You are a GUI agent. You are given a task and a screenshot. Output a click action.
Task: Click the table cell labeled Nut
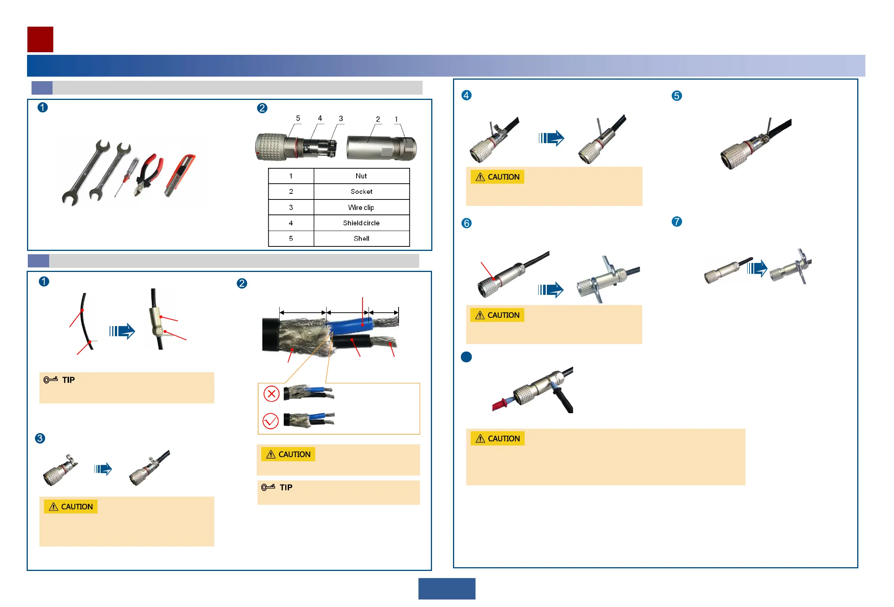(361, 176)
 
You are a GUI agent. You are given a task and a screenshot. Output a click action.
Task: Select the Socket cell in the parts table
(361, 192)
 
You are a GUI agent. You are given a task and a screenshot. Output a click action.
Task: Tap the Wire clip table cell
(361, 207)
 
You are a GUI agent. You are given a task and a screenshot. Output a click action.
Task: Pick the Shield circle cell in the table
(361, 223)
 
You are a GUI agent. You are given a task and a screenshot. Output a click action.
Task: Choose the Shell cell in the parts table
(361, 239)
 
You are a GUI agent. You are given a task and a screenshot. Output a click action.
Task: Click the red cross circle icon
(271, 394)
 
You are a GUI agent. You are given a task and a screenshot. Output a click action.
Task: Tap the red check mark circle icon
(271, 421)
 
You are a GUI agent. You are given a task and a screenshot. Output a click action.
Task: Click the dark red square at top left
(40, 39)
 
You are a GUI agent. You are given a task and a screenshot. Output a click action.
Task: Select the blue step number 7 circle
(676, 222)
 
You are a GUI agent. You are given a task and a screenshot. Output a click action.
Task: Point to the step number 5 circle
(676, 96)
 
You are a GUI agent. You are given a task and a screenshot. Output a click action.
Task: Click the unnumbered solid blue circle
(466, 357)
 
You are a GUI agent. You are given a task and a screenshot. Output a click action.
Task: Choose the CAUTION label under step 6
(497, 315)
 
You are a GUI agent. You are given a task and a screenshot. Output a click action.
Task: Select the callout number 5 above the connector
(298, 119)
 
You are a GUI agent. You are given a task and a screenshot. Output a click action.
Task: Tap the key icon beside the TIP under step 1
(50, 380)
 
